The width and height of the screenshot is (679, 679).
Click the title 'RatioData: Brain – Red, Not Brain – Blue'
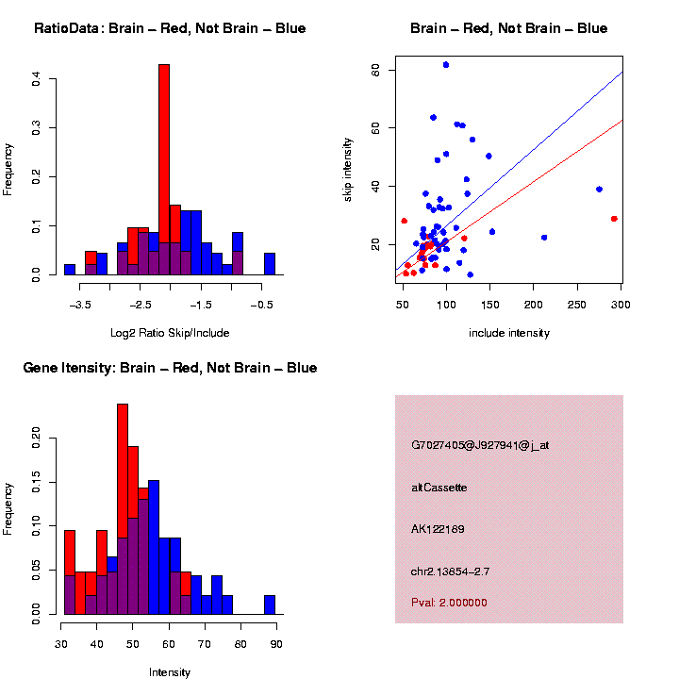[170, 28]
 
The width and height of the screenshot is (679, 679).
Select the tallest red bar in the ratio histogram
[164, 170]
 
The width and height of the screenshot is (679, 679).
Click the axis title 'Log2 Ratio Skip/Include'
[170, 333]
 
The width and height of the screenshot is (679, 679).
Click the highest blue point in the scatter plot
[446, 65]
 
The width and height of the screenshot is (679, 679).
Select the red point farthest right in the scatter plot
[614, 219]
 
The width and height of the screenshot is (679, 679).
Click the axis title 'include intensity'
[509, 333]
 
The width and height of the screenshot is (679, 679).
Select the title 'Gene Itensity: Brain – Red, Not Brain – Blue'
[170, 368]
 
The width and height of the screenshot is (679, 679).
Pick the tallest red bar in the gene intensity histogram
[123, 509]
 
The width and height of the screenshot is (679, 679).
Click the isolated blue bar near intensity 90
[270, 604]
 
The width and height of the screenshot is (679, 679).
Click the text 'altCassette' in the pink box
[439, 488]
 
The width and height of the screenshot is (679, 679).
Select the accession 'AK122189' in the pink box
[438, 529]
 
